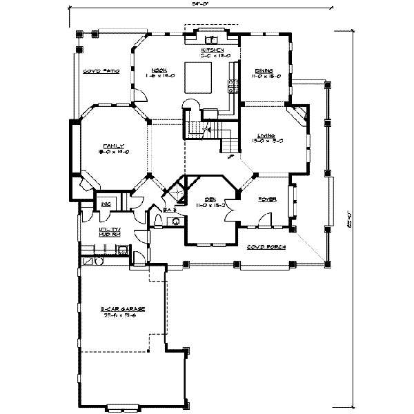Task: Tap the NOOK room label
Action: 159,70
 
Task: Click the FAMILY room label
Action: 113,146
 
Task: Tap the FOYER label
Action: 268,199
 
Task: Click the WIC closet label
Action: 108,204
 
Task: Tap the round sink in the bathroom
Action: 176,222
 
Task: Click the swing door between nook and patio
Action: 139,95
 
